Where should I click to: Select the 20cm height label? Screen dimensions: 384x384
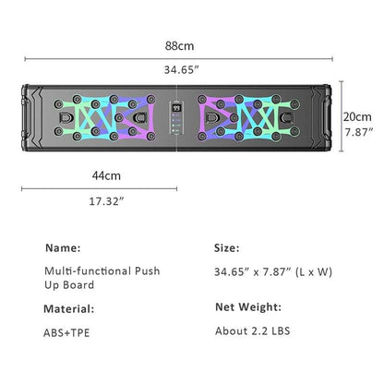(x=359, y=118)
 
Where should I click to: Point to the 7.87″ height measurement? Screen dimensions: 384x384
(x=359, y=133)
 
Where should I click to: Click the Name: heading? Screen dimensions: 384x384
(x=63, y=248)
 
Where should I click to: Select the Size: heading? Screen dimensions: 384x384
(x=227, y=248)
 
